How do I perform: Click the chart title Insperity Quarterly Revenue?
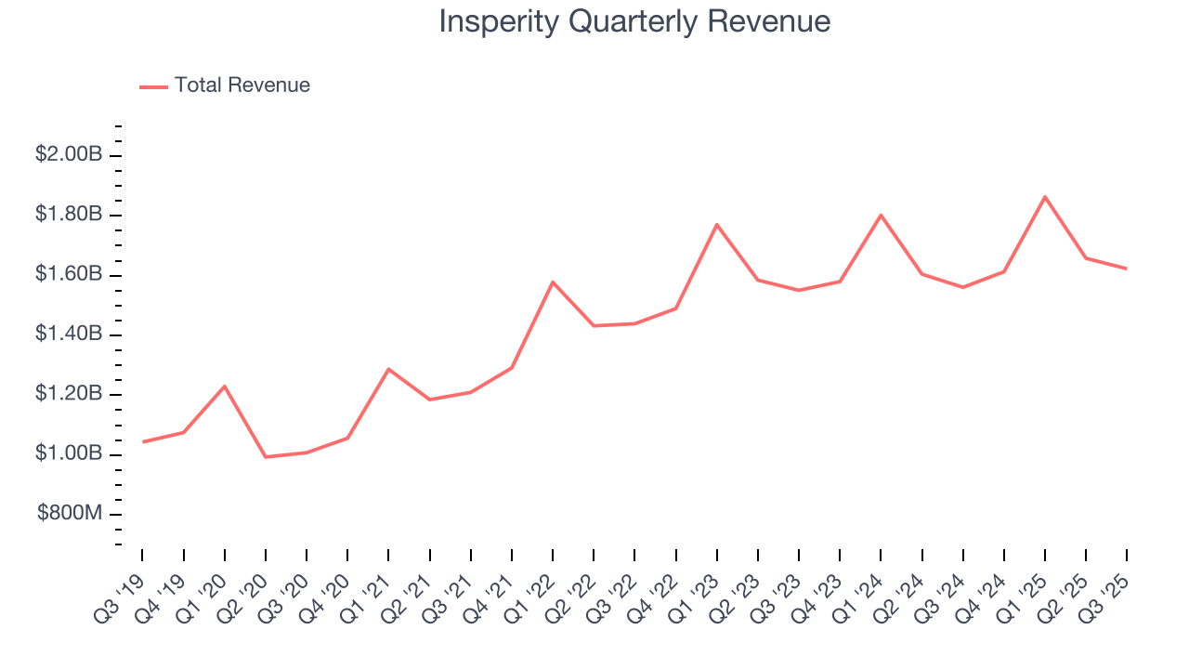click(x=634, y=21)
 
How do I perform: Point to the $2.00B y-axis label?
click(x=69, y=154)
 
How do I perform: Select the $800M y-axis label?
click(x=70, y=514)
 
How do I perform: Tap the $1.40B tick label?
click(x=69, y=334)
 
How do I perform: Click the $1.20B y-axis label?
click(x=69, y=394)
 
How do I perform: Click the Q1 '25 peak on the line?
click(x=1045, y=197)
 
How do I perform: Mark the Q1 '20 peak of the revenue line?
click(x=225, y=386)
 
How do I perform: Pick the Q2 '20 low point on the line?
click(x=266, y=457)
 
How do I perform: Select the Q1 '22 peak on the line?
click(x=553, y=282)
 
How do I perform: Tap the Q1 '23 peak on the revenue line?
click(x=717, y=224)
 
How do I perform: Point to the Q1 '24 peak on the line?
click(x=881, y=215)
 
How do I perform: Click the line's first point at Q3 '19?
click(x=143, y=441)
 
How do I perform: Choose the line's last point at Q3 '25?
click(x=1127, y=269)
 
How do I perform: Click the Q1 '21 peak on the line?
click(x=388, y=369)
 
